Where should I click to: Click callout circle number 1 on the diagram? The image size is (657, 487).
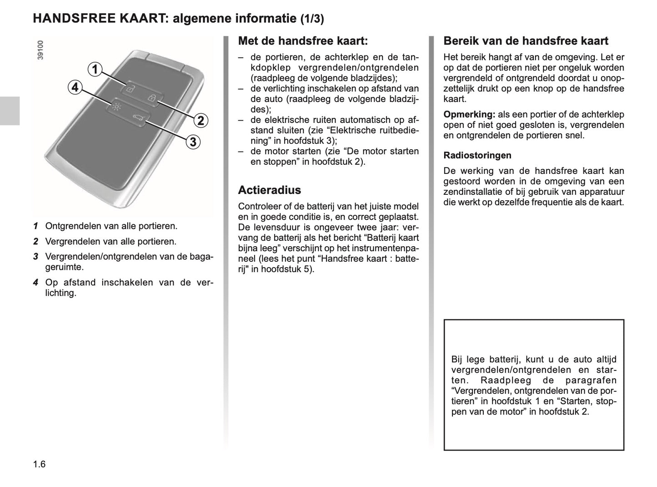(x=95, y=70)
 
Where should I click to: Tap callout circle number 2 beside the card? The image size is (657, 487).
(x=200, y=121)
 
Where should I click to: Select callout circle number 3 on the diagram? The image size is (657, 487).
(x=193, y=142)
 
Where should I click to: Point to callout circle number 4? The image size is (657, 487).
(x=75, y=87)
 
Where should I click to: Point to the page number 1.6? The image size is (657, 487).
(x=39, y=464)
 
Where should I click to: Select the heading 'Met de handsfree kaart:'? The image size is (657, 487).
(x=303, y=41)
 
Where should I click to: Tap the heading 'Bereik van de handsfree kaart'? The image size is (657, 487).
(x=526, y=41)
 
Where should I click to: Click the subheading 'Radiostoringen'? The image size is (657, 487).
(x=477, y=155)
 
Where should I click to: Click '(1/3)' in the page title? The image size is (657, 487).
(x=312, y=19)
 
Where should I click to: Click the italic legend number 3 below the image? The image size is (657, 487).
(x=35, y=257)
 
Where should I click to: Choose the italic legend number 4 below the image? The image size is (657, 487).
(x=35, y=283)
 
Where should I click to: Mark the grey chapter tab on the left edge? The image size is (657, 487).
(x=10, y=111)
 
